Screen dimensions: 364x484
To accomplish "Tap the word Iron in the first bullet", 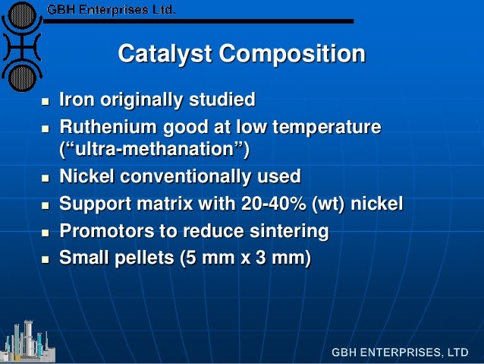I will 76,100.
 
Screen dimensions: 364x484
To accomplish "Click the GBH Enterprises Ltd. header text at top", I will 111,10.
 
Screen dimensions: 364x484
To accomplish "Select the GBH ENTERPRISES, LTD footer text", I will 399,353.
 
